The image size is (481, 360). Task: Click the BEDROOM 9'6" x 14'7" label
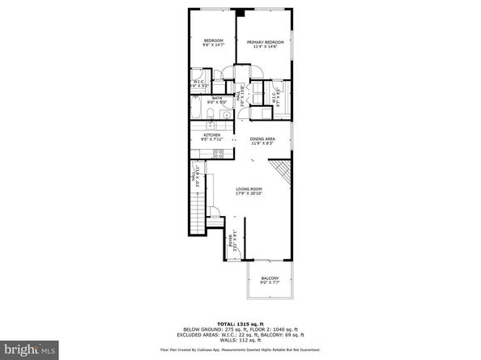[213, 44]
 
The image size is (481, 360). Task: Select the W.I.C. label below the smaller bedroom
[199, 83]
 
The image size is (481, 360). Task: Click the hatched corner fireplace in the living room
[280, 171]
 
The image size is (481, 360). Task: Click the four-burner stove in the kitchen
[216, 154]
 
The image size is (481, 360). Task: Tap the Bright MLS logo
[28, 351]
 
